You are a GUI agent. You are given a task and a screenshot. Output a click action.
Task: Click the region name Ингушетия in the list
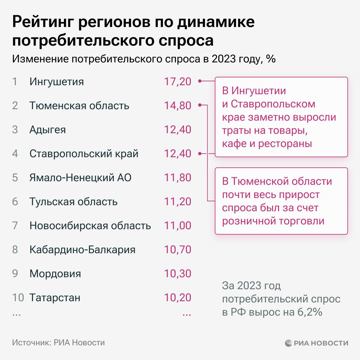click(x=56, y=82)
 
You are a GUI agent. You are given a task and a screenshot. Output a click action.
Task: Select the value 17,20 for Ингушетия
click(x=178, y=82)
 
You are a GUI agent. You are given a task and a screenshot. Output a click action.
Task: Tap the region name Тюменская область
click(x=79, y=106)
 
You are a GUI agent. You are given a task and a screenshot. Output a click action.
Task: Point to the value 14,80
click(x=178, y=106)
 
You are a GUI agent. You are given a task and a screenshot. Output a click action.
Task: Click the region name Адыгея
click(x=47, y=130)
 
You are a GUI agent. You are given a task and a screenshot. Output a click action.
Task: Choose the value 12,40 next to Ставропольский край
click(x=178, y=154)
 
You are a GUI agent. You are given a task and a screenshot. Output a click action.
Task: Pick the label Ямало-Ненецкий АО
click(x=80, y=178)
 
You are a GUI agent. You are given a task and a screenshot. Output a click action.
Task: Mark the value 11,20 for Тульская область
click(x=178, y=202)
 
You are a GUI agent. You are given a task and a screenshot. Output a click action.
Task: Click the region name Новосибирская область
click(x=90, y=226)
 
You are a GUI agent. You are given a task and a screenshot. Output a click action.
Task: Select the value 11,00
click(x=178, y=226)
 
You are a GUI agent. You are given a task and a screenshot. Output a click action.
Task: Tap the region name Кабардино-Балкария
click(x=82, y=250)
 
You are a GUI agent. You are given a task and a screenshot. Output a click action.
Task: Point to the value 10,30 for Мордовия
click(x=178, y=274)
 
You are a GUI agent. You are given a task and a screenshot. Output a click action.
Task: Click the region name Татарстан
click(x=55, y=298)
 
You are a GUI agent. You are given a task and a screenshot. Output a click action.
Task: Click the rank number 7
click(x=15, y=226)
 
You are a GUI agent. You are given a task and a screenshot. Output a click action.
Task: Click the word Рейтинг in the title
click(x=42, y=23)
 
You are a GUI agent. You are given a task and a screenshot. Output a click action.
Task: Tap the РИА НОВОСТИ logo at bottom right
click(x=316, y=343)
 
